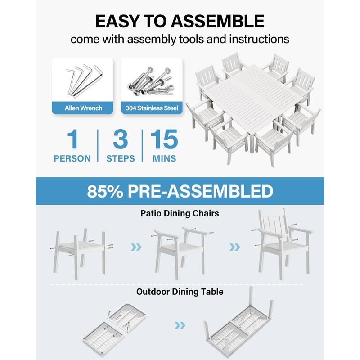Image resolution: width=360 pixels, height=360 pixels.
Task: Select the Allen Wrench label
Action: click(83, 108)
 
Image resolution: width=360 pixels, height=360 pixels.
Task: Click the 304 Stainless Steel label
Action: click(152, 108)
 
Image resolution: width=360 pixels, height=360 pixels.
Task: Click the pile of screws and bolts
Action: click(152, 81)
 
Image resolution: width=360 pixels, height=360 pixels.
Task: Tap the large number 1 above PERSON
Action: click(72, 140)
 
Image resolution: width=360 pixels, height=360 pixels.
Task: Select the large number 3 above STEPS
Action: click(120, 140)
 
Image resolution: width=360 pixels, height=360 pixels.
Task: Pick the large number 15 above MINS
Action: click(164, 140)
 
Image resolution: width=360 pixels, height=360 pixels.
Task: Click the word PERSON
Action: click(72, 159)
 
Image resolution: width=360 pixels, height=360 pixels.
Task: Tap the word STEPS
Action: click(120, 159)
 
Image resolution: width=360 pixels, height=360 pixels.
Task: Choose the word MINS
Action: click(164, 159)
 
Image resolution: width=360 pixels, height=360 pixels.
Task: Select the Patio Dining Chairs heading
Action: click(180, 213)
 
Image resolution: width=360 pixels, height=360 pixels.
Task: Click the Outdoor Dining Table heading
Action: click(180, 292)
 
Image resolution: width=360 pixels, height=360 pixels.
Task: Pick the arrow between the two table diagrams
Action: click(180, 325)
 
